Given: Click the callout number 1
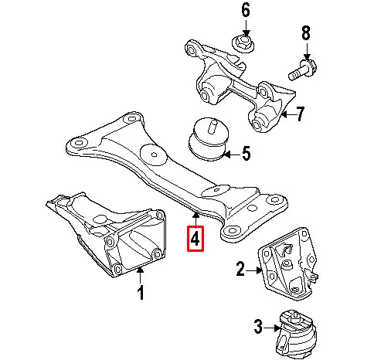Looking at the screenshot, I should (x=141, y=293).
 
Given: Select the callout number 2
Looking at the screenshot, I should (x=240, y=269).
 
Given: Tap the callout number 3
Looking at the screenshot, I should (x=259, y=328).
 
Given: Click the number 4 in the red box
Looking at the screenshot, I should (x=195, y=239).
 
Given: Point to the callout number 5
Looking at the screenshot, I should (x=246, y=154).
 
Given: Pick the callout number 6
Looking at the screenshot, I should (x=246, y=11).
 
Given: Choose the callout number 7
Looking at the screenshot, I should (x=301, y=115).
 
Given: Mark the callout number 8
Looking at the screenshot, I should (x=305, y=33).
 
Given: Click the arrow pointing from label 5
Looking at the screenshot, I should (x=230, y=154).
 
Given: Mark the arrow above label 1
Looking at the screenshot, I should (x=141, y=275).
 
